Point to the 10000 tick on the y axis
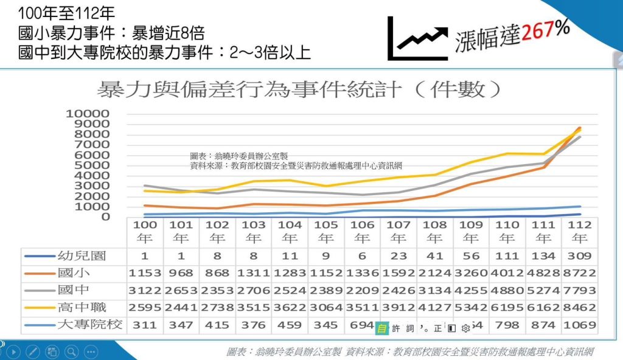88,114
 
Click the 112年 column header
579,232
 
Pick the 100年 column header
145,232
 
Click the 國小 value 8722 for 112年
579,272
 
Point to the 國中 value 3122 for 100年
145,290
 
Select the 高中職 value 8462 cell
579,307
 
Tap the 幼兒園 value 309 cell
579,255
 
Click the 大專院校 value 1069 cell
579,325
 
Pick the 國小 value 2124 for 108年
434,272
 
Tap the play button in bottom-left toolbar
13,351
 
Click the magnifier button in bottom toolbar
71,351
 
